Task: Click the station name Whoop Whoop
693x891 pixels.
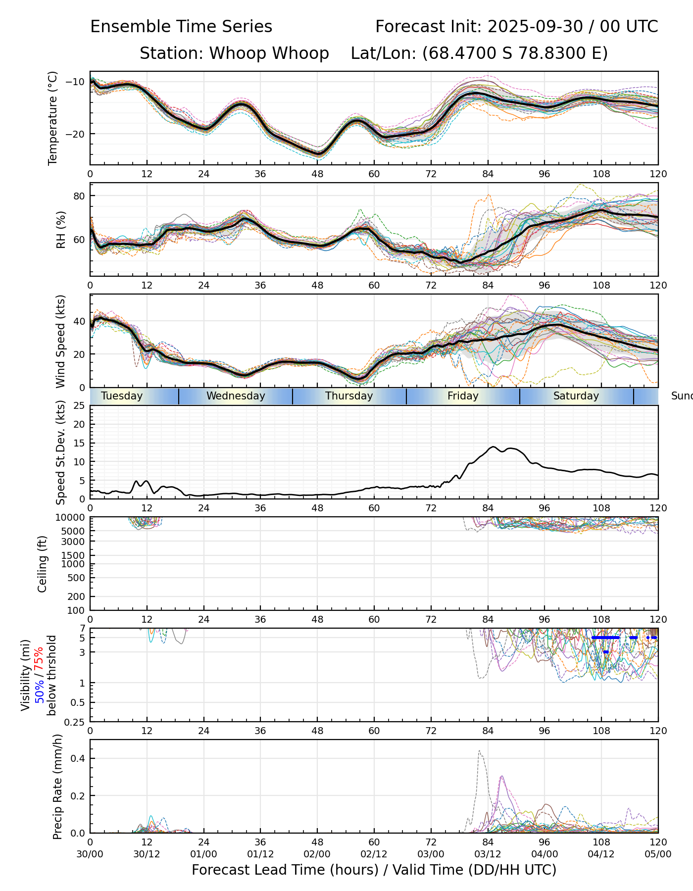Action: point(269,53)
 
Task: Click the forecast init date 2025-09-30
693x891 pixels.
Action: point(535,27)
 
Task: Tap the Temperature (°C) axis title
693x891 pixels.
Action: point(53,118)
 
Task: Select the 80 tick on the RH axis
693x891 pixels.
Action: point(79,196)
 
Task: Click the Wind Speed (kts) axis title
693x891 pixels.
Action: point(60,341)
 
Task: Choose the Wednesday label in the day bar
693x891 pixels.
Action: point(236,396)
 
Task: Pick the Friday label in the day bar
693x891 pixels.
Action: point(463,396)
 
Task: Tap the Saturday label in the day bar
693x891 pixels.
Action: point(576,396)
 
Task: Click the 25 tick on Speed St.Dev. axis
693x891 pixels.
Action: point(79,406)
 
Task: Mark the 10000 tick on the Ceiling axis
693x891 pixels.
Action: point(72,518)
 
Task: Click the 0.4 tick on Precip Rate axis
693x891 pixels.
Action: point(78,759)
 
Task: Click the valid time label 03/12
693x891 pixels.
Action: point(488,854)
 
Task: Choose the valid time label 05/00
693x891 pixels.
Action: point(658,854)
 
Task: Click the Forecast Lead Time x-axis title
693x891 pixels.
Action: point(374,870)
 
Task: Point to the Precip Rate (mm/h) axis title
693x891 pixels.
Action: point(57,787)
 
